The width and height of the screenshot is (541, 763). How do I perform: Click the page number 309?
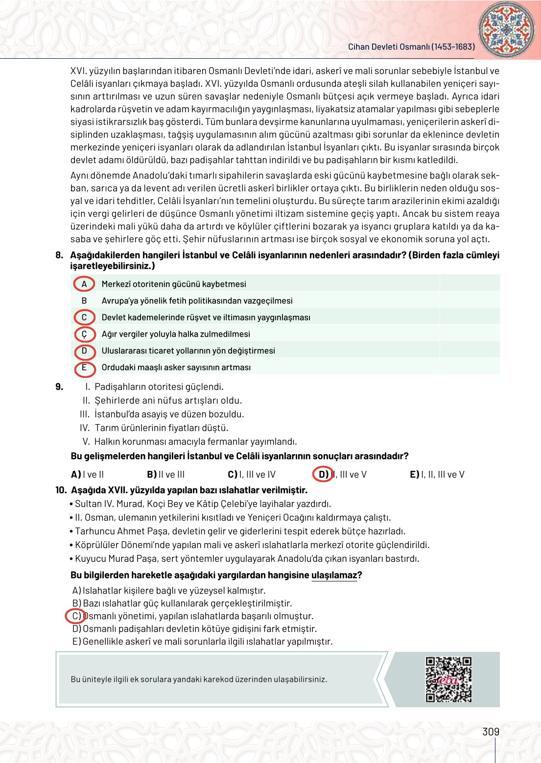491,732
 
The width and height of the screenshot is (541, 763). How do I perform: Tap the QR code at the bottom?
448,679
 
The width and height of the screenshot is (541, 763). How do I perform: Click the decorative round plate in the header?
506,28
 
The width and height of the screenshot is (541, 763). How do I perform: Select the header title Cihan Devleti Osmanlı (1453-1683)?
411,47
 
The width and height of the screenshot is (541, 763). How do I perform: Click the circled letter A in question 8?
84,284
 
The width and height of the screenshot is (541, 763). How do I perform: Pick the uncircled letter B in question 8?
84,301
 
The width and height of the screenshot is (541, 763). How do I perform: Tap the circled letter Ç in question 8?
84,334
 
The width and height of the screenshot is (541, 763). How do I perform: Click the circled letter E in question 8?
84,368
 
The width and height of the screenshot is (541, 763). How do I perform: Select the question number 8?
59,255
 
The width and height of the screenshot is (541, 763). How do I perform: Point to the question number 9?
59,387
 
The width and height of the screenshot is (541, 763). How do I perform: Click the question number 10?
61,490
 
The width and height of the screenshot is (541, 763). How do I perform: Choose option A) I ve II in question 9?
88,474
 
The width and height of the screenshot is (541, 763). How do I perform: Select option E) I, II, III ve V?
437,474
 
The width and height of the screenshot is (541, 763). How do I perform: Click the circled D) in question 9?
323,474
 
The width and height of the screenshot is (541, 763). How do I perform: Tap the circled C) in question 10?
76,616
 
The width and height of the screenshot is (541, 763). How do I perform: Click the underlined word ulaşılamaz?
334,575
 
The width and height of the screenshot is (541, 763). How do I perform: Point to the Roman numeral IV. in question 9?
85,428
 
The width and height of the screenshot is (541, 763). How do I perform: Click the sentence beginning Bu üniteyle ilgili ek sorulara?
199,679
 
